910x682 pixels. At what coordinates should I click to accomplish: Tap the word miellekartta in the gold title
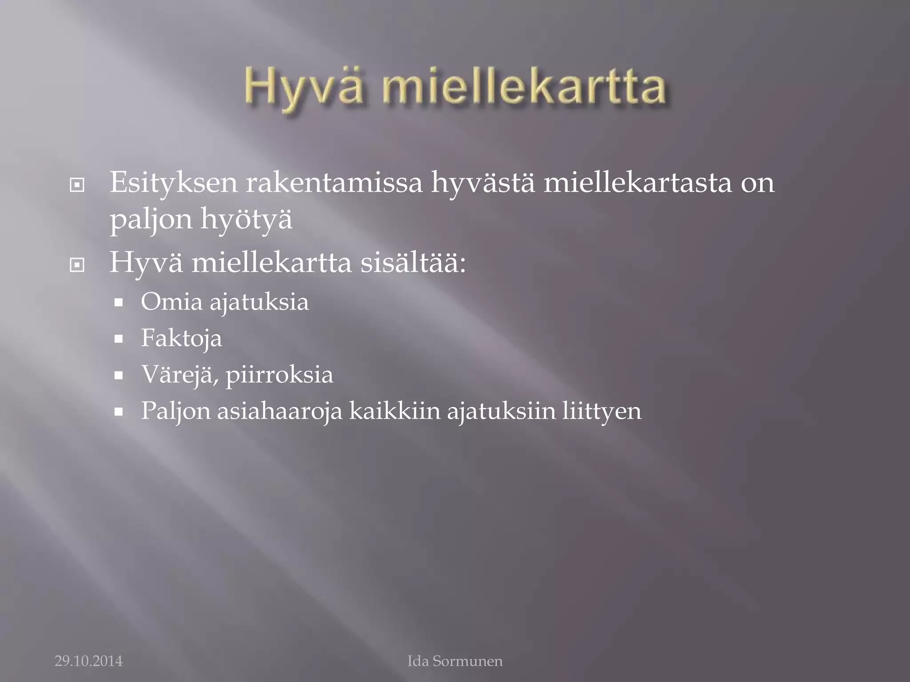click(524, 87)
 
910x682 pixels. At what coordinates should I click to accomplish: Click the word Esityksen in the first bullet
click(174, 183)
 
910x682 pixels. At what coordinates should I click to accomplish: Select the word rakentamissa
click(334, 183)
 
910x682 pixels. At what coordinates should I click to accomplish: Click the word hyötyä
click(247, 219)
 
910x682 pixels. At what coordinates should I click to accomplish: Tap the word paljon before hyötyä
click(151, 219)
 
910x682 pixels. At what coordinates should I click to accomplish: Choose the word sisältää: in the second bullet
click(413, 263)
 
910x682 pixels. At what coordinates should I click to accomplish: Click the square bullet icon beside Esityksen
click(77, 185)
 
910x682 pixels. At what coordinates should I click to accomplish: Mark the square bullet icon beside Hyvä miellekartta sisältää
click(77, 266)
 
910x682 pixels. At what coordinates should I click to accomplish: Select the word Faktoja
click(181, 338)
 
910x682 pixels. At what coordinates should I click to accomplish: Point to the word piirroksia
click(279, 375)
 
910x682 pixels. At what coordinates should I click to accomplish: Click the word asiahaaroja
click(279, 411)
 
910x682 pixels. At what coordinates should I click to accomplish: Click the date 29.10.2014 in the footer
click(88, 661)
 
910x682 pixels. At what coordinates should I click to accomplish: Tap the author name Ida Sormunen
click(455, 661)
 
